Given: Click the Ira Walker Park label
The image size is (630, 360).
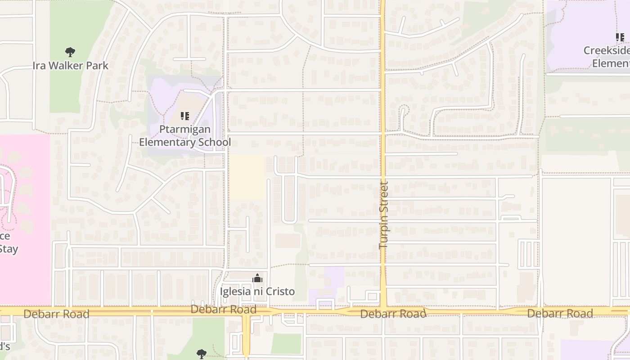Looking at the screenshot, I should [x=71, y=66].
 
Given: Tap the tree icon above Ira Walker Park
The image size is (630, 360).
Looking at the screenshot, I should [x=70, y=52].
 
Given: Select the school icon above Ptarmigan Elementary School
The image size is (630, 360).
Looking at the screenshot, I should [x=184, y=117].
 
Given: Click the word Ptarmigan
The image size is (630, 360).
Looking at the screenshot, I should [x=185, y=130].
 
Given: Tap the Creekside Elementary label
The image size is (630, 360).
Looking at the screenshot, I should [x=607, y=57].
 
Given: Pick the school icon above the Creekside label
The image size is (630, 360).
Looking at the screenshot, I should [x=620, y=37].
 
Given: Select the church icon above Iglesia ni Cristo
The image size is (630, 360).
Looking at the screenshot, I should [x=257, y=279].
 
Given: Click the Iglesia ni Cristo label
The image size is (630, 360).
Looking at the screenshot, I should [x=257, y=292].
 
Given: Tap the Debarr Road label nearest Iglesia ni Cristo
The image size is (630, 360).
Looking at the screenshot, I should [x=224, y=310].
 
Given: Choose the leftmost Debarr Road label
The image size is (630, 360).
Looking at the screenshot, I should [x=56, y=314].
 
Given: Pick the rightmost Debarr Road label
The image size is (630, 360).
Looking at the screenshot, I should [x=560, y=313].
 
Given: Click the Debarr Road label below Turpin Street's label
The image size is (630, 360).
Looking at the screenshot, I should [x=393, y=314].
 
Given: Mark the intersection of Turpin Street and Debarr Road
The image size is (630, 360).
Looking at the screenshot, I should [x=383, y=311].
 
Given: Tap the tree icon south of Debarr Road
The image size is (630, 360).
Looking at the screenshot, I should [x=202, y=354].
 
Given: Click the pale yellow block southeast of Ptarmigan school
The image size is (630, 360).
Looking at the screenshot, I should [x=247, y=177].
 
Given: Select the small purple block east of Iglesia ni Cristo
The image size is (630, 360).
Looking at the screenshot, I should [x=334, y=276].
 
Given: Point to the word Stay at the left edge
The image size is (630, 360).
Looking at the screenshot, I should [x=8, y=249].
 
